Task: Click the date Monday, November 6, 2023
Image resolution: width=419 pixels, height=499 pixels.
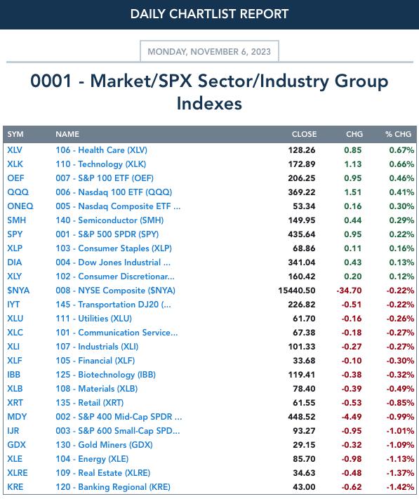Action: pos(209,51)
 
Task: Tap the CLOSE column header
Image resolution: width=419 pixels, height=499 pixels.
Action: pos(304,134)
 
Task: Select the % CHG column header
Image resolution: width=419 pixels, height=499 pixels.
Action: pos(399,134)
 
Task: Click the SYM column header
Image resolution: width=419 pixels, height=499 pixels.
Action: pos(15,134)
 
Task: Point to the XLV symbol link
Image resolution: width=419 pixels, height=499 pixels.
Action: pos(15,150)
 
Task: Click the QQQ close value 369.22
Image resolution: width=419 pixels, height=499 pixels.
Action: pos(302,192)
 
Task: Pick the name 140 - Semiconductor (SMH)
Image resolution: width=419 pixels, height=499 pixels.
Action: pos(109,220)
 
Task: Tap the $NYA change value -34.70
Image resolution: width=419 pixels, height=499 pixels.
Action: pos(349,291)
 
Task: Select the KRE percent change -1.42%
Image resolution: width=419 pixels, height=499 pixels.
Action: pos(400,487)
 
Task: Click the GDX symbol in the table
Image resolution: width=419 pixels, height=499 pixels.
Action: pos(16,445)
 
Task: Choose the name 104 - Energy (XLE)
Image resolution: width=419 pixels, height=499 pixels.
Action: pos(92,459)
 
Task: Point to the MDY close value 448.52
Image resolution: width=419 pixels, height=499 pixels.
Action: pos(302,417)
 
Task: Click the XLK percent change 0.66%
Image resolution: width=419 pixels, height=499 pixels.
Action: pos(401,164)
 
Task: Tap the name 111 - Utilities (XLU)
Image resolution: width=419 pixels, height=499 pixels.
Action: pos(93,319)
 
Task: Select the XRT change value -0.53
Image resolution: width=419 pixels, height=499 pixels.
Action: pos(352,403)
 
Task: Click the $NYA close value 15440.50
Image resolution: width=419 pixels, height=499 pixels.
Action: pos(297,291)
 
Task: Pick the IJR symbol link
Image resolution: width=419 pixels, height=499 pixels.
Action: pos(13,431)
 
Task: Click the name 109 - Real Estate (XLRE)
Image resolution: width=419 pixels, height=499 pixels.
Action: pos(102,473)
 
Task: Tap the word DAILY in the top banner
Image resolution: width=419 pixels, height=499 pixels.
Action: pos(148,14)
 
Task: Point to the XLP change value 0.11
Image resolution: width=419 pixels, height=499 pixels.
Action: pos(353,248)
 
